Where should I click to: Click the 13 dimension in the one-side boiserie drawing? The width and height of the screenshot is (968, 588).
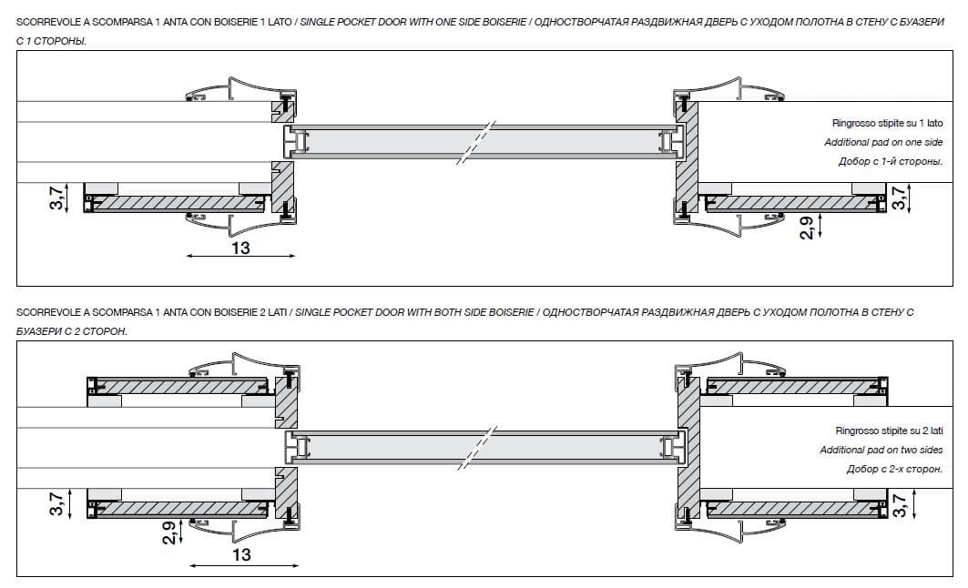(240, 247)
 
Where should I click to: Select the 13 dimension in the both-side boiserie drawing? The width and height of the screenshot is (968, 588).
(241, 554)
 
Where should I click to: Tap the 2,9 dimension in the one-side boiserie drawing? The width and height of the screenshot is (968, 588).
(807, 225)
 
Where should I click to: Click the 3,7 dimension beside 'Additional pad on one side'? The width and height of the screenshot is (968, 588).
(901, 198)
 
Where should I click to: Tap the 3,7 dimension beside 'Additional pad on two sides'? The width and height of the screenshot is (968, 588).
(901, 506)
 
